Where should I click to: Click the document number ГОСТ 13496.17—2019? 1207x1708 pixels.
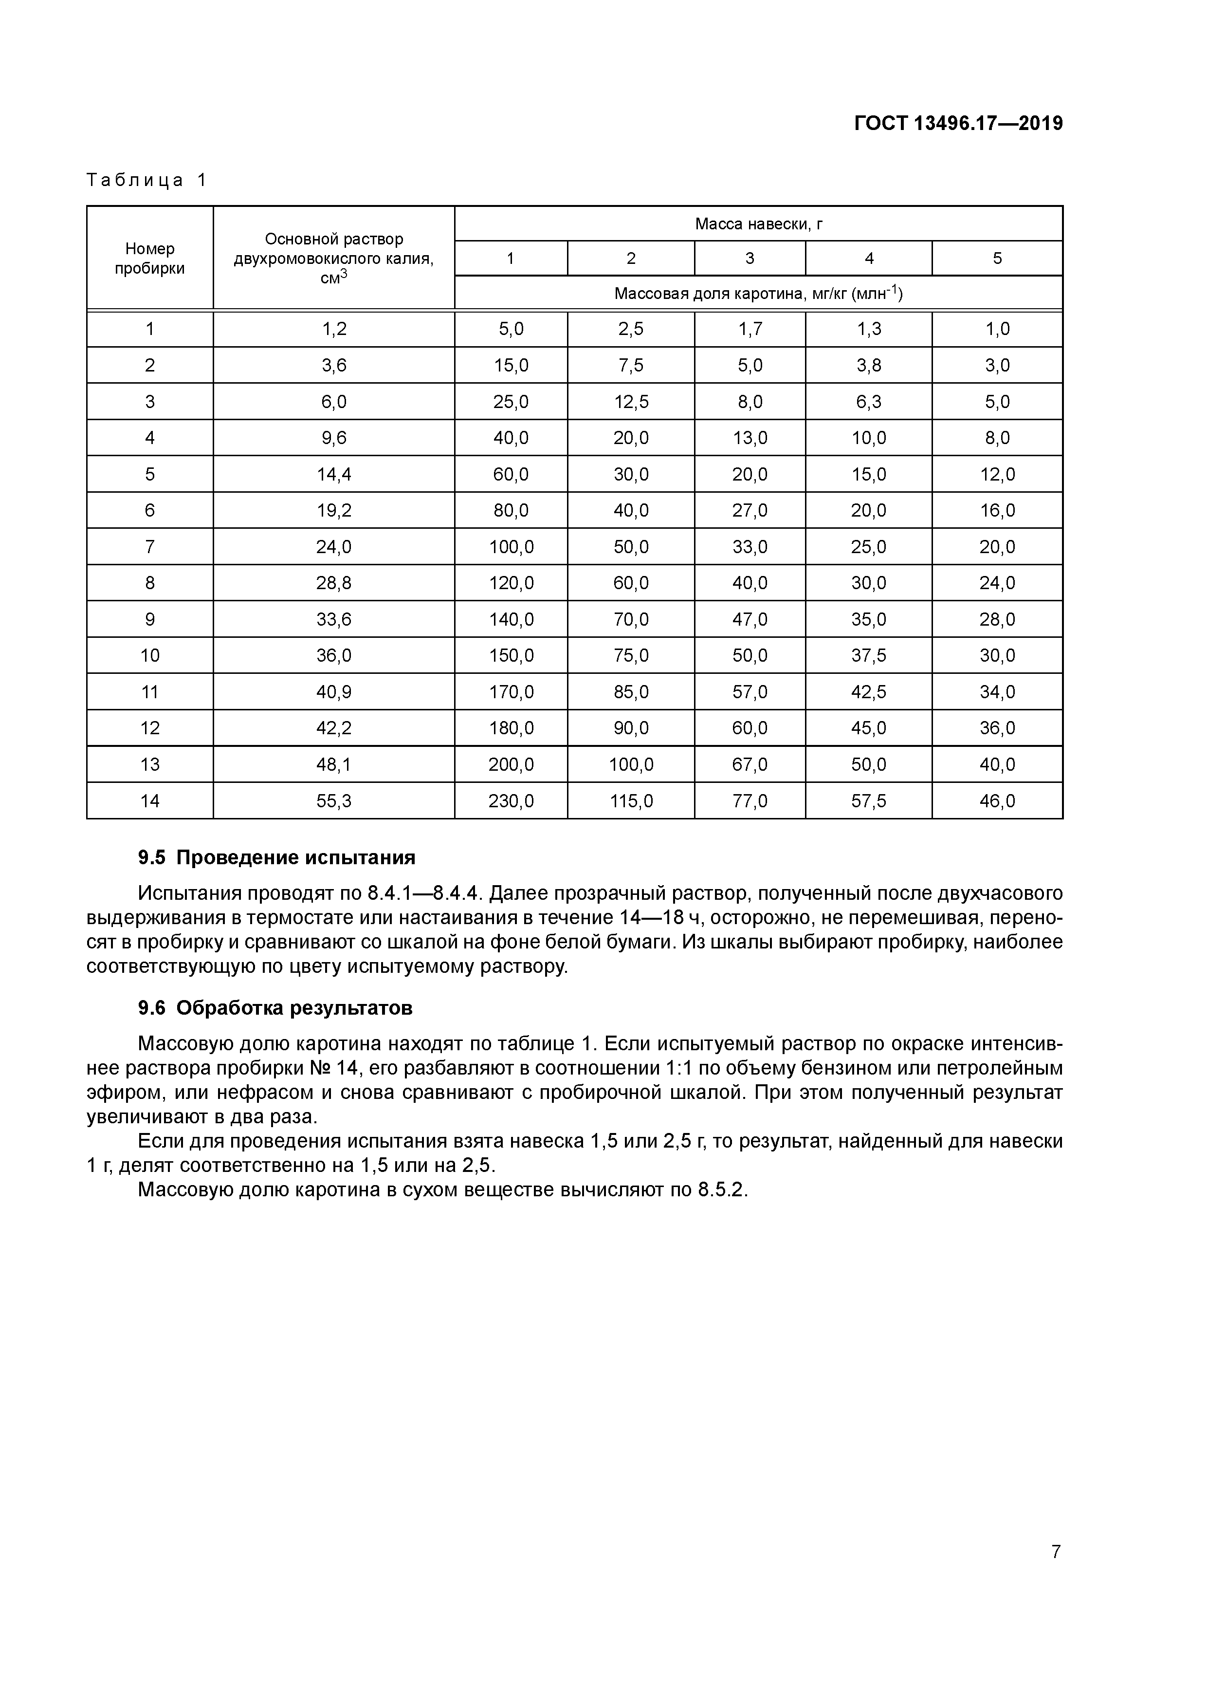coord(958,124)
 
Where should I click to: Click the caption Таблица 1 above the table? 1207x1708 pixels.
coord(146,180)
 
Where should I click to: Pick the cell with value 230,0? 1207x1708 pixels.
coord(511,801)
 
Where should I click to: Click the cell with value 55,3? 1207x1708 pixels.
coord(334,801)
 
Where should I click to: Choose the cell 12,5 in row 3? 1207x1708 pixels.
coord(631,402)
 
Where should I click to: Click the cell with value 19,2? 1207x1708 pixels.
coord(334,510)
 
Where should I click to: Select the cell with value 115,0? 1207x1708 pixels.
coord(631,801)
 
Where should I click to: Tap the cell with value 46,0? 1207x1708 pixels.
coord(997,801)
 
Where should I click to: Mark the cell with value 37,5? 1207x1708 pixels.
coord(869,655)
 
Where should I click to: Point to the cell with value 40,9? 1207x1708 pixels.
coord(334,692)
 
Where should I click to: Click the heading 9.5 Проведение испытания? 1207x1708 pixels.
coord(276,858)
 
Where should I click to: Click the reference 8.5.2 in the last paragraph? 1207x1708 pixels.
coord(721,1189)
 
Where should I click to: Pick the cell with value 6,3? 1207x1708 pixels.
coord(869,402)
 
